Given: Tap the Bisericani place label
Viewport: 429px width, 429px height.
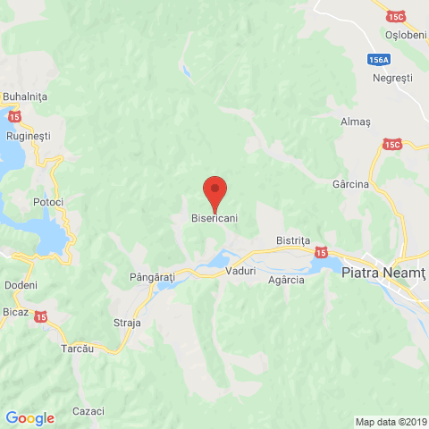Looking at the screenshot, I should [x=214, y=218].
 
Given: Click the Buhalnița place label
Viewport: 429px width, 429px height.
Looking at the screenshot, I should [x=24, y=97].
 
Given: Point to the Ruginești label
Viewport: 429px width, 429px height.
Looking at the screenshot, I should [x=29, y=138].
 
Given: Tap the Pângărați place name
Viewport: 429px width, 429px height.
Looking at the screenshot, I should [x=151, y=278].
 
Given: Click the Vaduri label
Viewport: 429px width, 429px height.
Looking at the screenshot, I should [x=240, y=270].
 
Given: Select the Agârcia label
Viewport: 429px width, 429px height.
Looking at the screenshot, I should [x=286, y=280].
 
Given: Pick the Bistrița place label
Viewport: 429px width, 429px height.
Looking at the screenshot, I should [x=292, y=241].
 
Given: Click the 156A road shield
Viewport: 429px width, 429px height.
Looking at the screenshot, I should [x=379, y=60].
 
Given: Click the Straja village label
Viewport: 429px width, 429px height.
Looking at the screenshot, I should [x=128, y=322].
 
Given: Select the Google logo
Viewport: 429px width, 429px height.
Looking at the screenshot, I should [x=29, y=417].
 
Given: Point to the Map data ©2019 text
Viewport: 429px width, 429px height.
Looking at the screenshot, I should [x=391, y=422].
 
